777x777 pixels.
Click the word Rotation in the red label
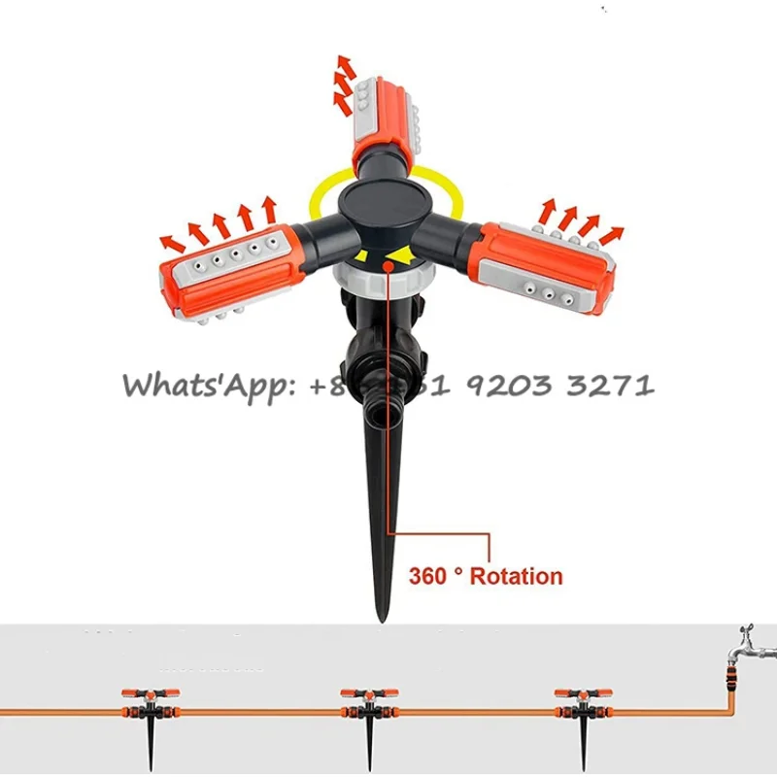click(516, 576)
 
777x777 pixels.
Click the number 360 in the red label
click(427, 576)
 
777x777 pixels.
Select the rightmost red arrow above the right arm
click(611, 234)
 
